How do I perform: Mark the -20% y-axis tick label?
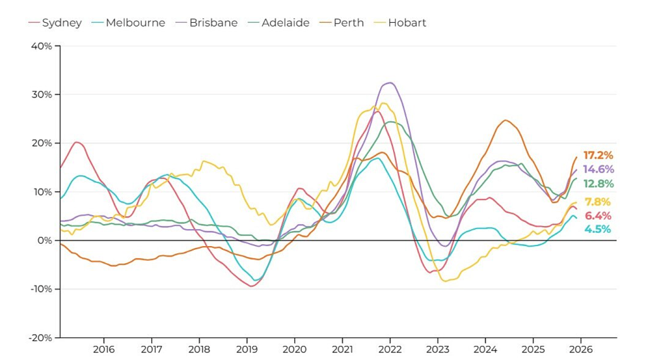point(41,338)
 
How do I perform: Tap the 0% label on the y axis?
point(46,240)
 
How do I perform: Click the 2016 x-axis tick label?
point(104,349)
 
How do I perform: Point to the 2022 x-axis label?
point(390,349)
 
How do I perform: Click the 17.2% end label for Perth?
point(598,156)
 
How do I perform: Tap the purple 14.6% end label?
point(598,170)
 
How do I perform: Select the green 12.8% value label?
point(598,184)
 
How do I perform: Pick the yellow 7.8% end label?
point(598,202)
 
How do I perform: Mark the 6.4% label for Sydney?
point(598,216)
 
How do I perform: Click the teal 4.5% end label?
point(598,230)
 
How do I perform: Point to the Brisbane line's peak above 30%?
point(390,82)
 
